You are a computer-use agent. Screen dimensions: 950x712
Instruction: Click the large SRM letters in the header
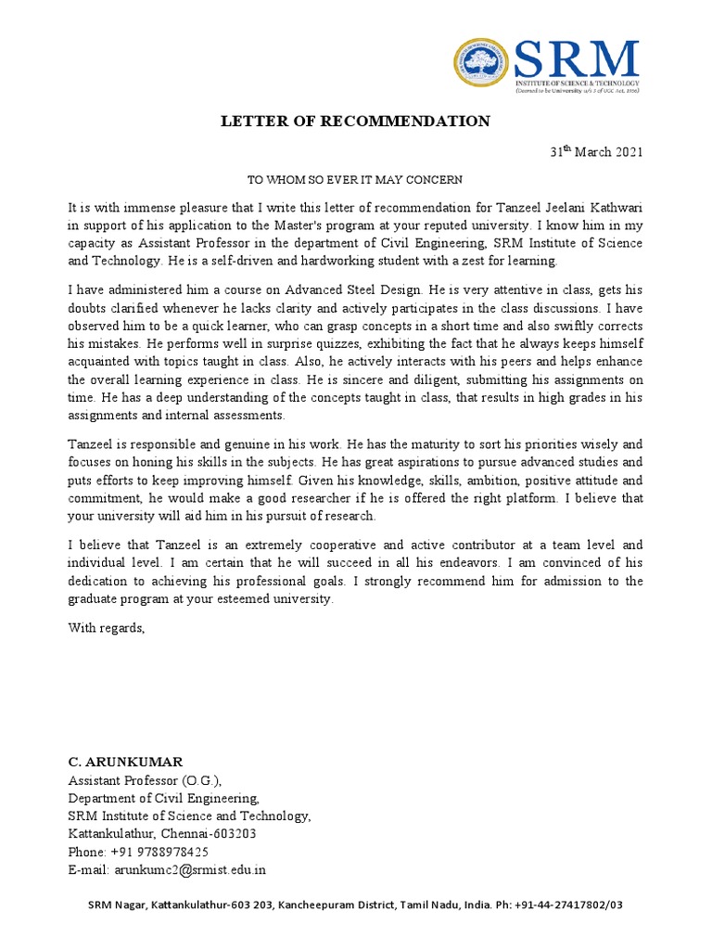pyautogui.click(x=577, y=61)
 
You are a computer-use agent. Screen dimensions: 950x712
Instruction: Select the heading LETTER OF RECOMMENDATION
pyautogui.click(x=354, y=122)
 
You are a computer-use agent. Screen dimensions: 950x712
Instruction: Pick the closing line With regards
pyautogui.click(x=107, y=628)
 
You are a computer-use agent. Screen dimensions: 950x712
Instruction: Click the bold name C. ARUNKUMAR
pyautogui.click(x=125, y=763)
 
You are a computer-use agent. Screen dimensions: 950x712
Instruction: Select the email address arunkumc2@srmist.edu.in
pyautogui.click(x=190, y=869)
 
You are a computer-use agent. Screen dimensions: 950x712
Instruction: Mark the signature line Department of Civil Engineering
pyautogui.click(x=164, y=798)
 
